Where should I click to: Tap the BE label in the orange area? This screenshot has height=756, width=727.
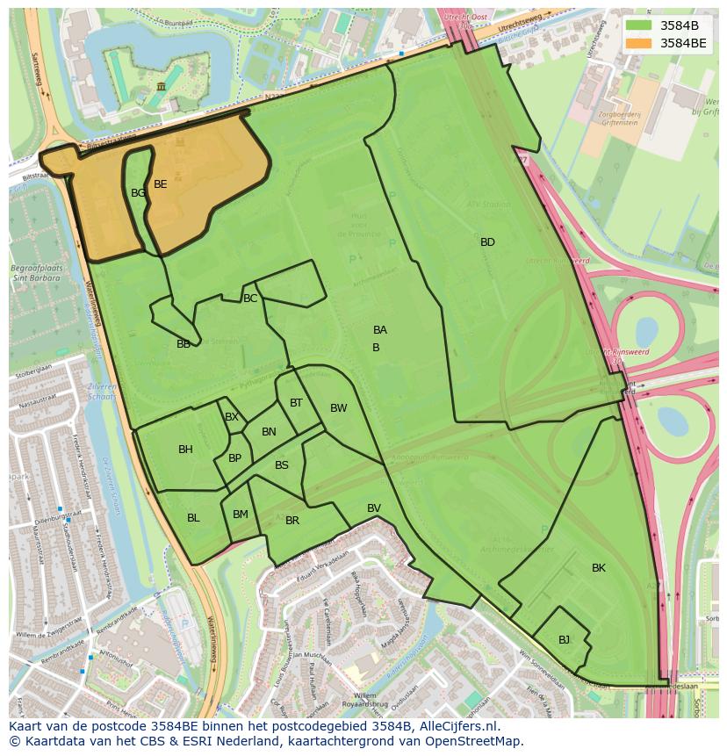pos(160,184)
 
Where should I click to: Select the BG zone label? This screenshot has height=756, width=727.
pos(138,193)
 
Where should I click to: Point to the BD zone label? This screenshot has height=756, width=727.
pos(487,242)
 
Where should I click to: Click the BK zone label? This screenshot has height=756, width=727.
pos(598,568)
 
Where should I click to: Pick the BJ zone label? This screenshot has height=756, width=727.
pos(564,640)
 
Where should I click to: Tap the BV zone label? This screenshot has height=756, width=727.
pos(374,508)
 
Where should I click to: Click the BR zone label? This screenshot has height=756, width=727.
pos(292,521)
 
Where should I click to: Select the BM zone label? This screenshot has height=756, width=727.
pos(240,515)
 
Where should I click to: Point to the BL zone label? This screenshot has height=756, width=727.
pos(193,518)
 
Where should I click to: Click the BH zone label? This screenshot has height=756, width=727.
pos(185,450)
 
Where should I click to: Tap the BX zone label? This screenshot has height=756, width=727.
pos(231,417)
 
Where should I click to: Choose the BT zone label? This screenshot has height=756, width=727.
pos(296,403)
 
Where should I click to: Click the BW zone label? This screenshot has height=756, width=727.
pos(338,408)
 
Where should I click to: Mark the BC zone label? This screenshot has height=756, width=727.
pos(250,299)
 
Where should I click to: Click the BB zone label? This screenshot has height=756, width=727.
pos(183,344)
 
